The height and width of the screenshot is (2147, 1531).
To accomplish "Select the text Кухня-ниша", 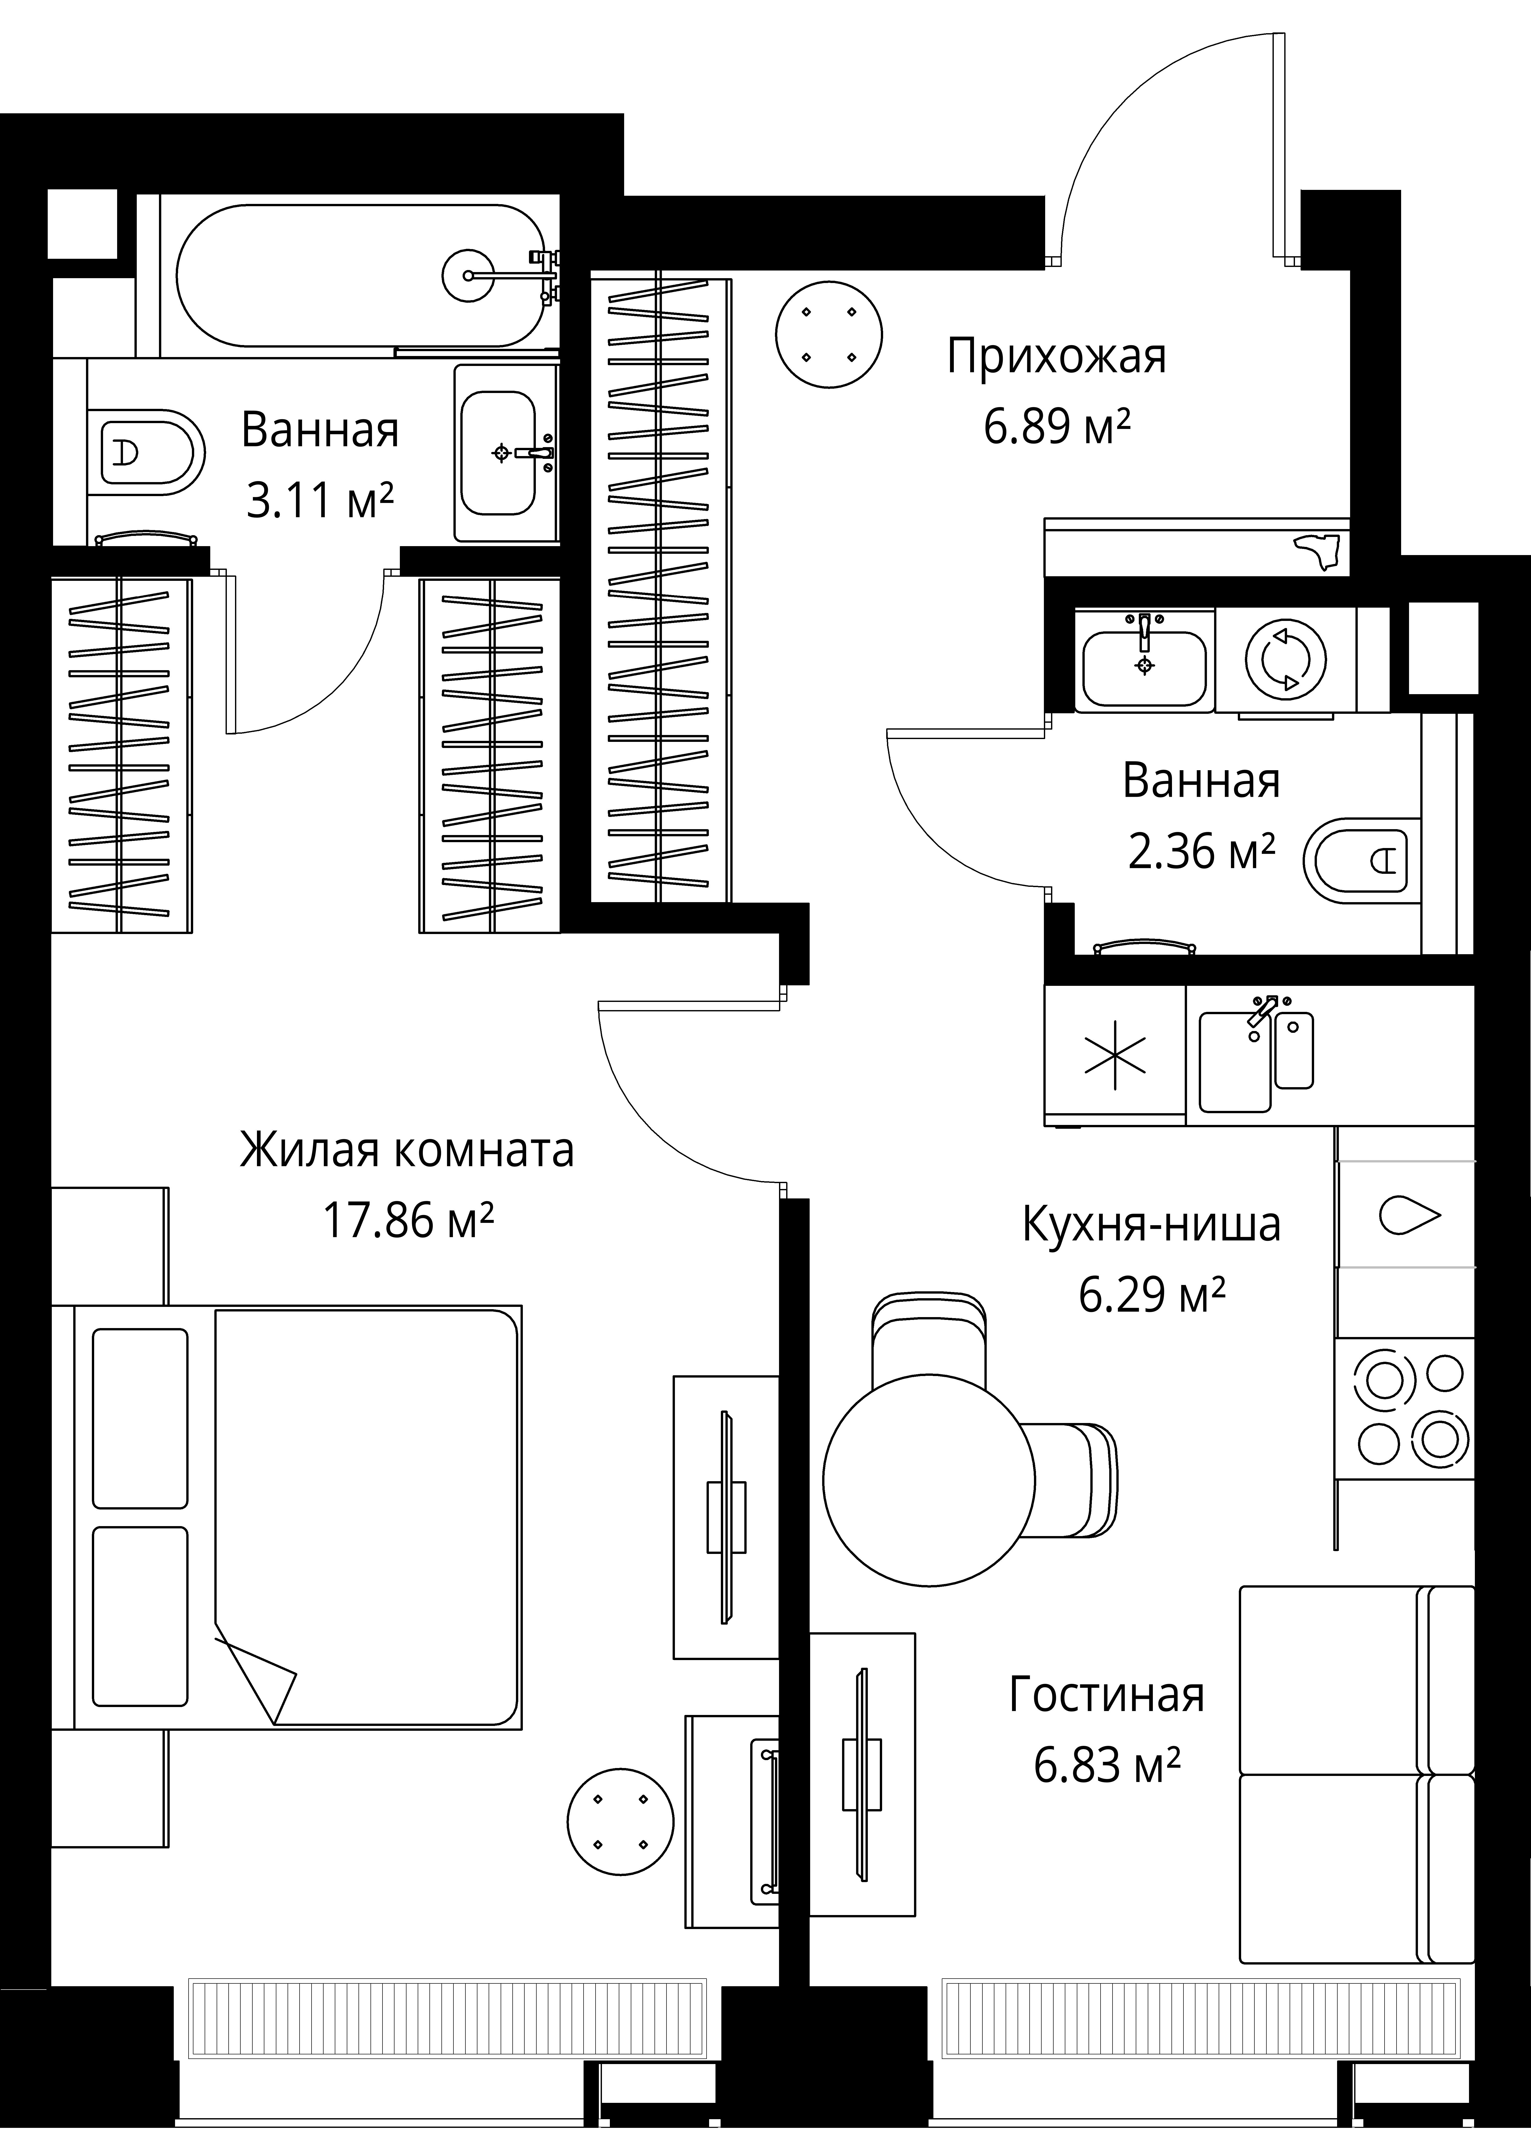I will (1151, 1225).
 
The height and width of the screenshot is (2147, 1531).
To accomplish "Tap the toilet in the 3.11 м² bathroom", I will (146, 452).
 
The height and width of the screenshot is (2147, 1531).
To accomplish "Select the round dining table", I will (929, 1480).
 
